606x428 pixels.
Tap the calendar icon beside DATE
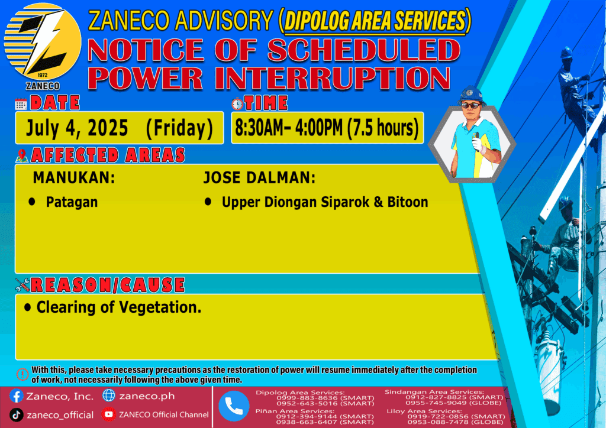point(21,104)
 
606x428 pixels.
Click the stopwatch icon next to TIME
point(237,104)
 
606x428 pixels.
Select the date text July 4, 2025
point(76,128)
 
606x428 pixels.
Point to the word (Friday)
point(180,128)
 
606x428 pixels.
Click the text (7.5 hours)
point(383,128)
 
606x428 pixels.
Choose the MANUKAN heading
point(74,178)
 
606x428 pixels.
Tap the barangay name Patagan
point(72,202)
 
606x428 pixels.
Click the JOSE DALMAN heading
point(259,178)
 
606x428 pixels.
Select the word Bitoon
point(408,202)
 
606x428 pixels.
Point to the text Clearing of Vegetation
point(119,307)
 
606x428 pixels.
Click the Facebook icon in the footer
point(16,396)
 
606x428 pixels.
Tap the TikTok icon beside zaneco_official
point(16,415)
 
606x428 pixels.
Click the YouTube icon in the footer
point(109,414)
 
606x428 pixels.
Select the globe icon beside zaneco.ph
point(109,395)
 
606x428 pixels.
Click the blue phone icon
point(234,406)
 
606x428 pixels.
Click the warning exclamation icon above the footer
point(22,374)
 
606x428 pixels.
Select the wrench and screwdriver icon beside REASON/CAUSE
point(22,285)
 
